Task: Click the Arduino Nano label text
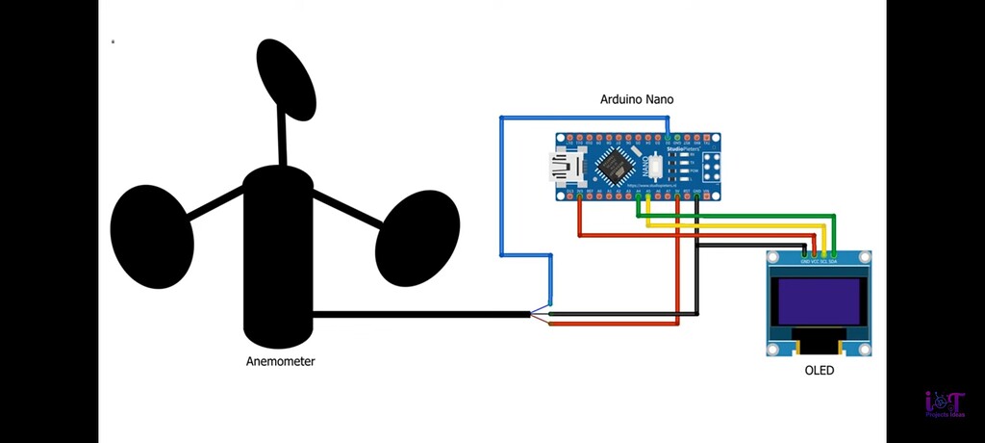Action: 637,99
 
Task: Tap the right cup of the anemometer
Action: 413,237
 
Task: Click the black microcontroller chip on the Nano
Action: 614,168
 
